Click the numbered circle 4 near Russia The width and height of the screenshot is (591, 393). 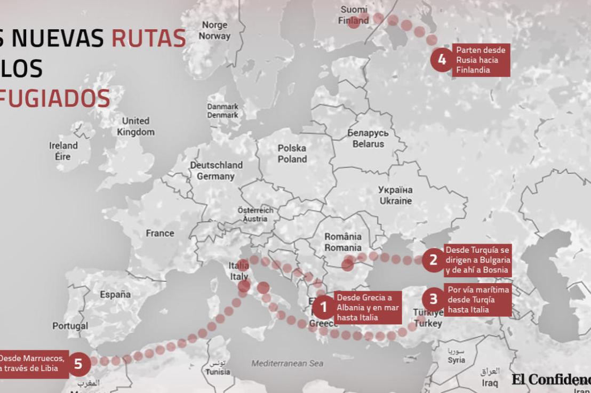point(442,60)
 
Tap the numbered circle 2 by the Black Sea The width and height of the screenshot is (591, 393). point(433,260)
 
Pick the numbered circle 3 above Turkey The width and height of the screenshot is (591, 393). point(433,299)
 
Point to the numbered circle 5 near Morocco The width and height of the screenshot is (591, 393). point(78,364)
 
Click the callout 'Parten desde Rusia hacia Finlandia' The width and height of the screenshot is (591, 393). point(481,60)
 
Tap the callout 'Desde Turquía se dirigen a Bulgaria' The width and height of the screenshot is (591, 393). point(477,260)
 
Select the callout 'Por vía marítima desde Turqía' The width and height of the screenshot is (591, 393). point(477,299)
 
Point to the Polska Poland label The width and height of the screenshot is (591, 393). point(292,154)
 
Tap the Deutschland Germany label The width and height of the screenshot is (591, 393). point(216,171)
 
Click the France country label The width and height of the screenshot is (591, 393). point(160,233)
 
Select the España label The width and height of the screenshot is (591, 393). point(115,294)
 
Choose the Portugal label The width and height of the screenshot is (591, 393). point(70,326)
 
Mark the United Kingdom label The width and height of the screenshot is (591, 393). point(136,126)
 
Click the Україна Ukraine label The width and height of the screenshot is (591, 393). point(395,195)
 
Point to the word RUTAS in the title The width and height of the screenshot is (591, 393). point(148,39)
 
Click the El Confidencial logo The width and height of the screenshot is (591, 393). point(551,379)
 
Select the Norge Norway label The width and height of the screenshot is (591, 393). point(214,31)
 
